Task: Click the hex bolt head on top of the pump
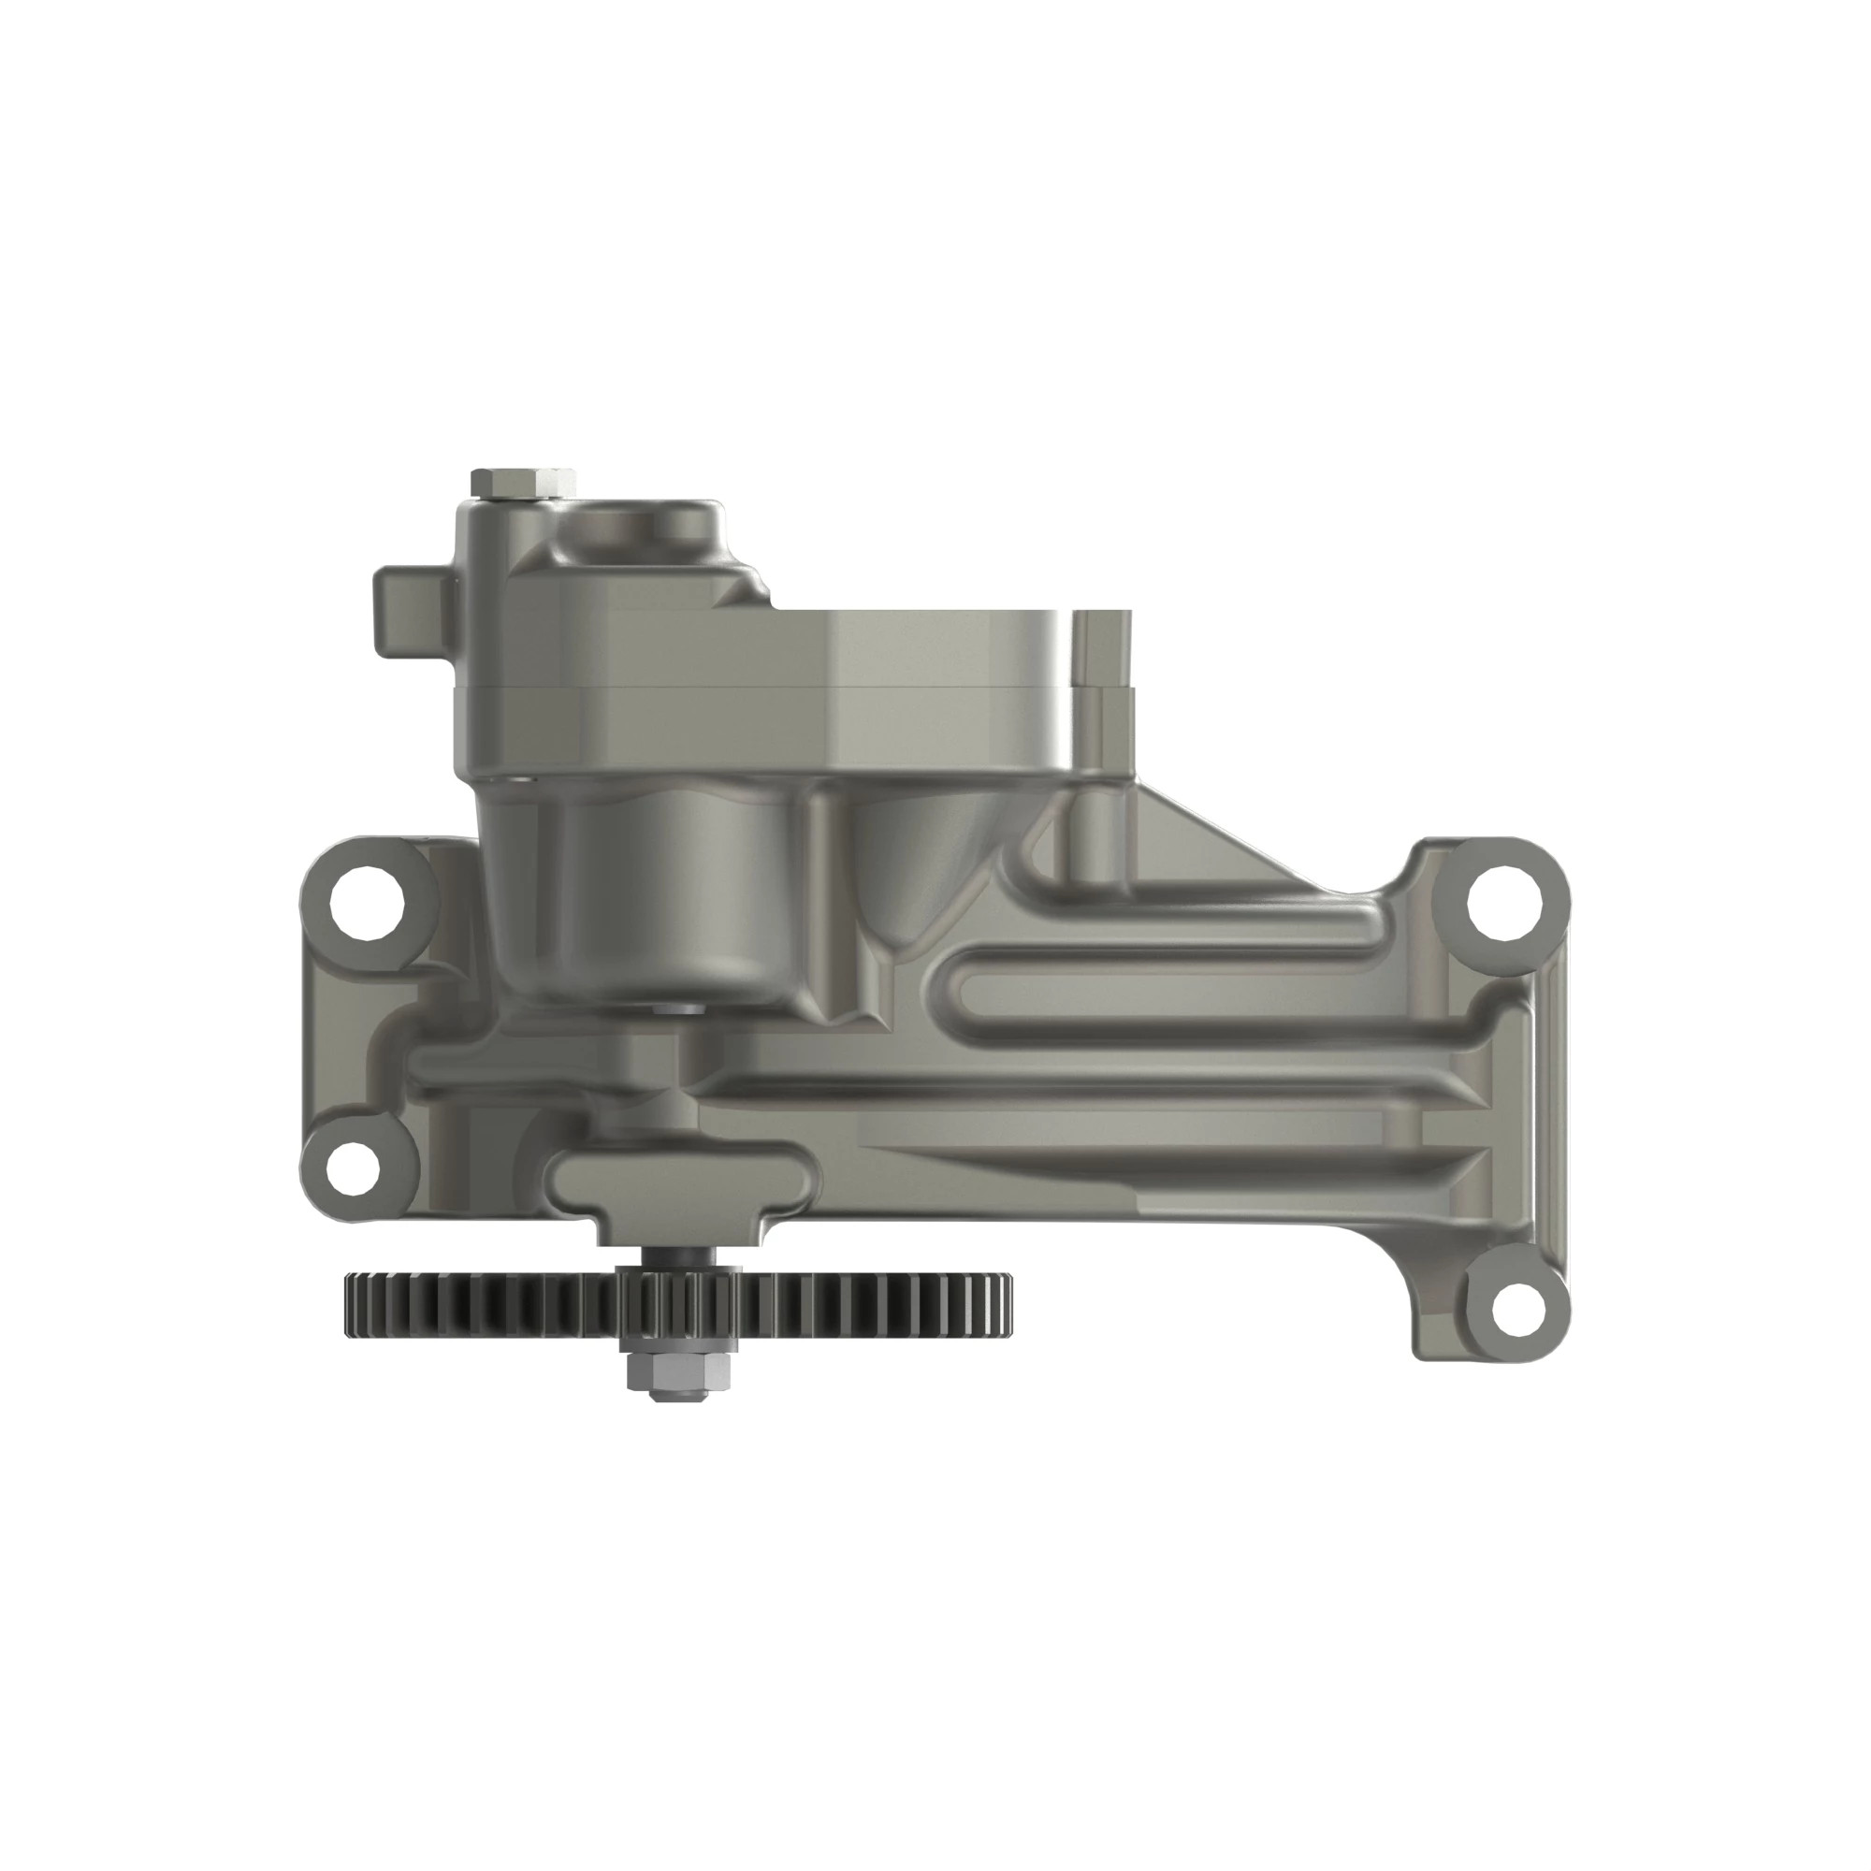tap(511, 481)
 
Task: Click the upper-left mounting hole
tap(366, 907)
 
